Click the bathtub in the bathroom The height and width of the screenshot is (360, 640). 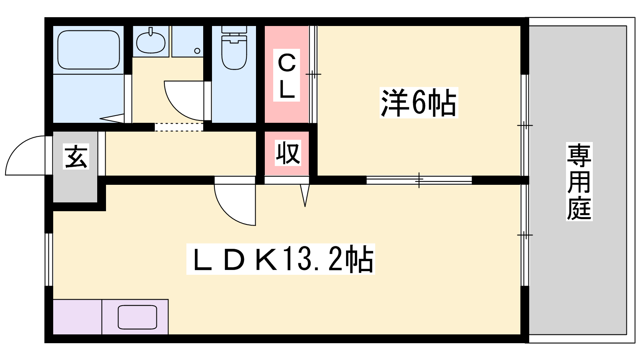point(88,50)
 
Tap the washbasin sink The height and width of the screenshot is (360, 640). point(150,42)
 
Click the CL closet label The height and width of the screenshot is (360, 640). point(286,75)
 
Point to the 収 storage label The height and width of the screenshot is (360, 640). point(288,153)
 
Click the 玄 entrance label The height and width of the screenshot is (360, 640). point(76,156)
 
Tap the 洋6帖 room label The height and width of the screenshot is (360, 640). point(419,102)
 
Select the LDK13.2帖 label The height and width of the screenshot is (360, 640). point(280,259)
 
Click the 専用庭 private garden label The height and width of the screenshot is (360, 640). point(579,182)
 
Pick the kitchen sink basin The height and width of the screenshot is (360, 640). point(138,317)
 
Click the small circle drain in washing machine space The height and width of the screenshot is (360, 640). point(197,51)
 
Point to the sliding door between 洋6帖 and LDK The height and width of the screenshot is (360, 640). point(419,180)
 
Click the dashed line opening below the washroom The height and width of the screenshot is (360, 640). point(179,127)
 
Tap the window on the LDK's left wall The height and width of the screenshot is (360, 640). point(49,260)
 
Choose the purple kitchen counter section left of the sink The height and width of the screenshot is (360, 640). point(78,317)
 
